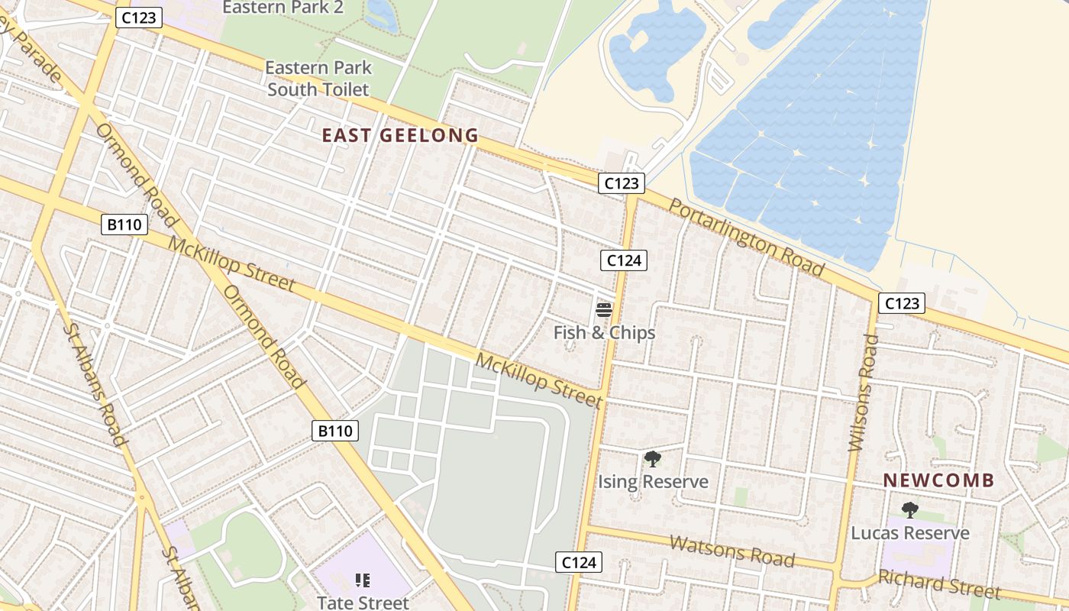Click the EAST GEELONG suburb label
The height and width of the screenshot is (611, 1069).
400,136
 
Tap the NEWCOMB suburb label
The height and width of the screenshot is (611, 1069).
938,480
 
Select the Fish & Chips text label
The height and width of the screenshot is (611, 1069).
604,333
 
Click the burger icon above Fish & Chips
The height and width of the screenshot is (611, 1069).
604,310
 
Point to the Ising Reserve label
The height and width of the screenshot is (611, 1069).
653,482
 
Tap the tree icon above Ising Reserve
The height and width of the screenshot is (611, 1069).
652,459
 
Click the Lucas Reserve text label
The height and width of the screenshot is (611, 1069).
910,533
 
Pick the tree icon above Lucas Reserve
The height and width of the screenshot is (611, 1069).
909,510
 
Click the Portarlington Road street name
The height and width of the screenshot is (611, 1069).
747,237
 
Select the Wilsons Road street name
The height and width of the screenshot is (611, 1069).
861,393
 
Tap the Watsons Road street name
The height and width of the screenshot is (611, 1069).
732,551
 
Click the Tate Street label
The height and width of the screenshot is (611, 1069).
363,603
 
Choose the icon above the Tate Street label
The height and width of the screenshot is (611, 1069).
363,580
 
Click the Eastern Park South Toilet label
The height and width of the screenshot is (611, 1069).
318,79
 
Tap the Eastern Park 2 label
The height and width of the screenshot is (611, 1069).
283,8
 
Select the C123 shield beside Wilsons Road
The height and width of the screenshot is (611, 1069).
901,303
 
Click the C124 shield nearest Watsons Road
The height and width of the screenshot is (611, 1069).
578,563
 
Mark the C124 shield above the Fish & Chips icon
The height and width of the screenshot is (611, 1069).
623,260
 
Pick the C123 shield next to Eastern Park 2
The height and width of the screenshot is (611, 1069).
139,18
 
